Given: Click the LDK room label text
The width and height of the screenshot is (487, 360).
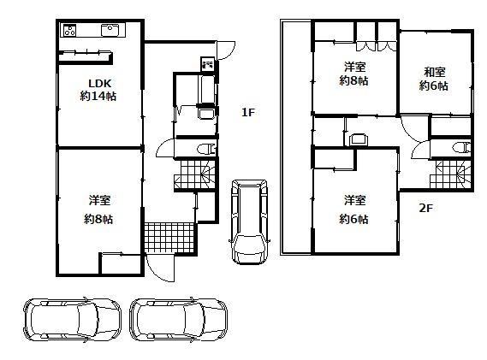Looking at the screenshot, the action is point(99,83).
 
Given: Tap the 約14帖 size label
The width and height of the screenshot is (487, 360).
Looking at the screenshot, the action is point(98,97).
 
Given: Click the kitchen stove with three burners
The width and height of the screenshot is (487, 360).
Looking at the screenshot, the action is point(69,31).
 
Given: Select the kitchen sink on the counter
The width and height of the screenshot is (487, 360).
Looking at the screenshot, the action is point(110,31).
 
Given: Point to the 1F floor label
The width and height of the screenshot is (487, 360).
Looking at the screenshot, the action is point(248,112).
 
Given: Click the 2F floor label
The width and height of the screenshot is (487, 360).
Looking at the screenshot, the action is point(426,208).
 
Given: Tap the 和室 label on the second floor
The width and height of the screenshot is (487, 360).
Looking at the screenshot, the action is point(435,72).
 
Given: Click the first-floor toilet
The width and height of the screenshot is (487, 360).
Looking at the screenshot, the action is point(206,149).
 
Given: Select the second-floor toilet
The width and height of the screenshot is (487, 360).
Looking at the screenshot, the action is point(461,147).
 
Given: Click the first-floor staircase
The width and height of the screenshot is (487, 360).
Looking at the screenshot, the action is point(195,174).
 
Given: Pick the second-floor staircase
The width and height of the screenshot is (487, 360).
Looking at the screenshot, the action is point(450,174).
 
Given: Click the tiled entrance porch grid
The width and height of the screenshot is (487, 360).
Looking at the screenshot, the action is point(169,237).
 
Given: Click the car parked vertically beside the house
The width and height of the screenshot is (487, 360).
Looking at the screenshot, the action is point(249,221).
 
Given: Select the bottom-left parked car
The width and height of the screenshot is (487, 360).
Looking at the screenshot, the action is point(72,321).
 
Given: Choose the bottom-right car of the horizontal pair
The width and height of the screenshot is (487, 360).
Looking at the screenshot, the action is point(178,321).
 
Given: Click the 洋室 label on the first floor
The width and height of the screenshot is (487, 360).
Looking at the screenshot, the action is point(99,200).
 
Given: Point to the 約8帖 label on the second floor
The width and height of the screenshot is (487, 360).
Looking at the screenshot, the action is point(354,81).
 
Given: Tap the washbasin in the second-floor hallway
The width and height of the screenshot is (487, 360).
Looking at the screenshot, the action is point(359,139).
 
